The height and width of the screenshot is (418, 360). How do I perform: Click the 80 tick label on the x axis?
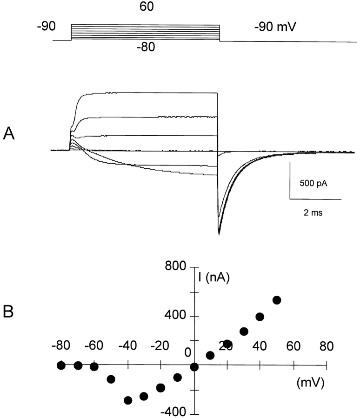click(326, 346)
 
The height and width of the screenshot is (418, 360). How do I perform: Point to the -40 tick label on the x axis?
click(127, 346)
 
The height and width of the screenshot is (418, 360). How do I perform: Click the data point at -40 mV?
click(128, 400)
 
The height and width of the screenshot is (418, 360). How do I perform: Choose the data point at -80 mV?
click(61, 365)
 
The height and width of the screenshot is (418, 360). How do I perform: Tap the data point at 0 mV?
click(194, 367)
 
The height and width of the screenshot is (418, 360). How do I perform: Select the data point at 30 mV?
click(244, 332)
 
